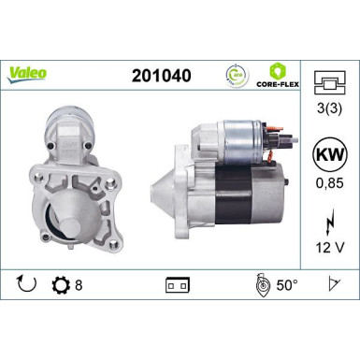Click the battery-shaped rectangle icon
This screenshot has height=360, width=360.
point(176,284)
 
